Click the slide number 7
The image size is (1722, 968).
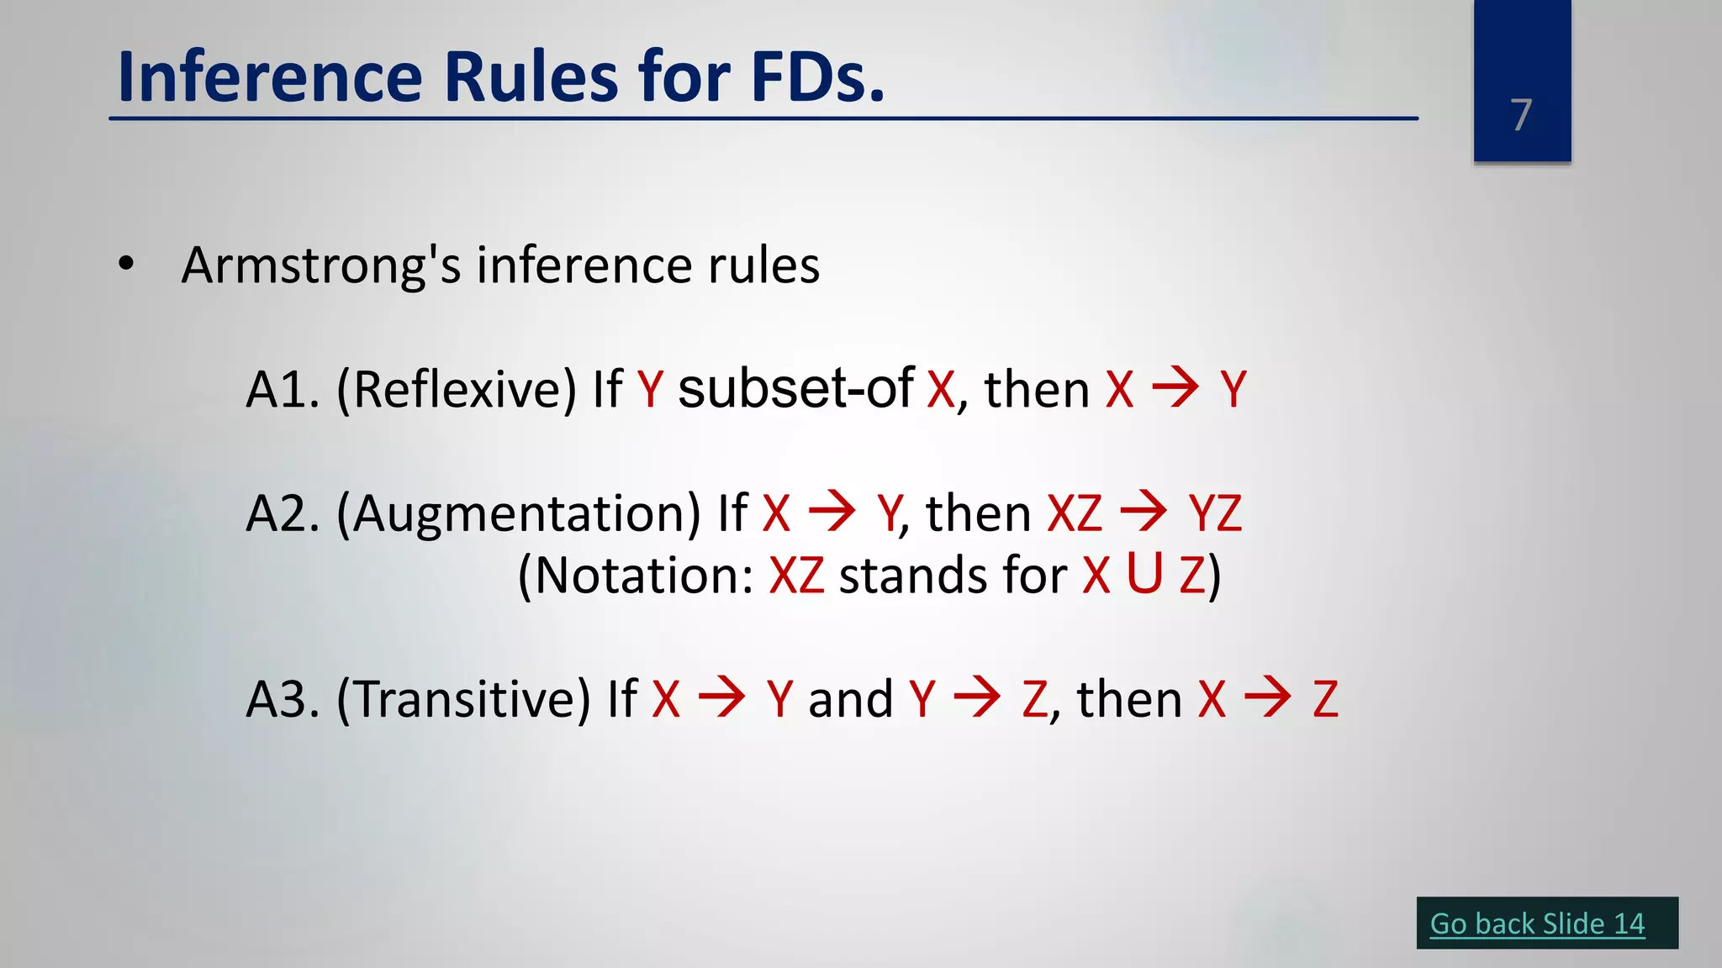[1521, 115]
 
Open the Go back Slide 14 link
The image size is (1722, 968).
[1537, 923]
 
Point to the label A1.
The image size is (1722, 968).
[282, 390]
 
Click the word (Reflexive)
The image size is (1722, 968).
[457, 390]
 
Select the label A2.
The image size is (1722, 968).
[282, 513]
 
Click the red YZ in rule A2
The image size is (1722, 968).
[1215, 513]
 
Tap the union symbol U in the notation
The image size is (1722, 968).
[1144, 574]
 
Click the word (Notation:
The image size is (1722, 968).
[636, 576]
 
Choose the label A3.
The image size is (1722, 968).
[282, 699]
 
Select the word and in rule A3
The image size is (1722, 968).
[850, 699]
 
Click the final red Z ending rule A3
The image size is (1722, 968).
[1325, 699]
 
